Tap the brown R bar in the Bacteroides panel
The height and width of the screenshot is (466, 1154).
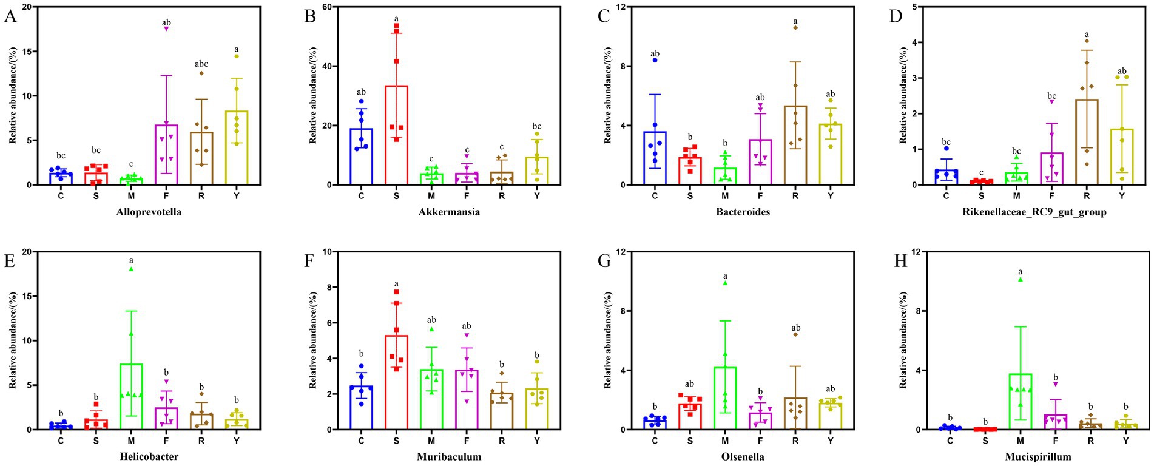point(795,146)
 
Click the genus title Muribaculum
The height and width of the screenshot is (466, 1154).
point(449,456)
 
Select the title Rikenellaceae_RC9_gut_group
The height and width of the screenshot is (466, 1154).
point(1034,212)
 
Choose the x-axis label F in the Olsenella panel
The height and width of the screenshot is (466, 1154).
point(760,441)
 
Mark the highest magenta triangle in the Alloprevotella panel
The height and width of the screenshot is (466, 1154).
point(166,29)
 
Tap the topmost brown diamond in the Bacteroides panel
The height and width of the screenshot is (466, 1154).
point(795,27)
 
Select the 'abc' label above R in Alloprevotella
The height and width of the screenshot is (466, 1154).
point(201,64)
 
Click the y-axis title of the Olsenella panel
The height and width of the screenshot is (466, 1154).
point(608,340)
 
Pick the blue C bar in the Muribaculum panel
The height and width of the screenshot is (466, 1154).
point(361,407)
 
